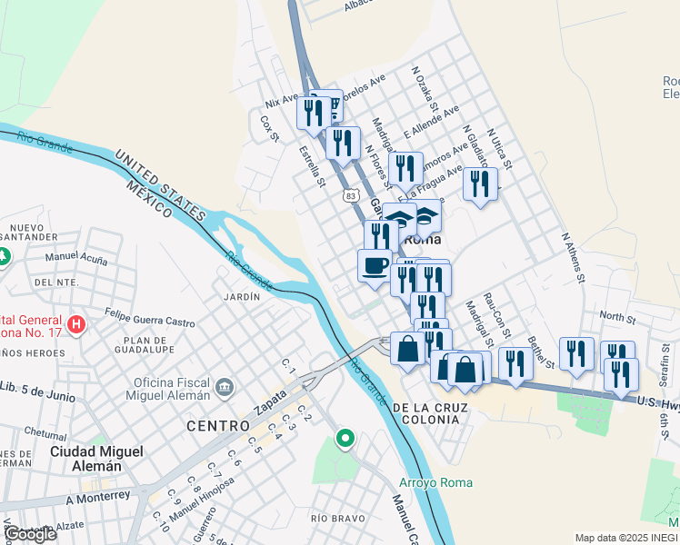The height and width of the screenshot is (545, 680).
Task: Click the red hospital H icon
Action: click(77, 324)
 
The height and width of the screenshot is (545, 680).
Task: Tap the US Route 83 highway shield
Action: click(351, 194)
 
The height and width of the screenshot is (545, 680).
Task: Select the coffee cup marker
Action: click(375, 266)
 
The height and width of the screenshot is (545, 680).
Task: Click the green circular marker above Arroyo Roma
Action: click(345, 440)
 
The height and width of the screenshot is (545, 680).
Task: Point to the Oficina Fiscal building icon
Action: click(224, 390)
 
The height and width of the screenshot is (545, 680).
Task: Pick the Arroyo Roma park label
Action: click(436, 482)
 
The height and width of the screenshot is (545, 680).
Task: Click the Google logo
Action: click(30, 534)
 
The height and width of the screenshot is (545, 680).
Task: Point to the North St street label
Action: click(616, 317)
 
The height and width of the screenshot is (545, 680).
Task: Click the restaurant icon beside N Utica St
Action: click(480, 183)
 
